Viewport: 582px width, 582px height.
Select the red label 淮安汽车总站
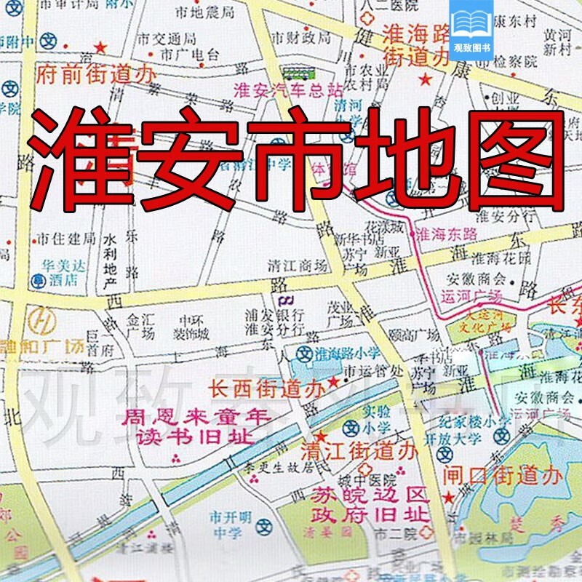click(287, 91)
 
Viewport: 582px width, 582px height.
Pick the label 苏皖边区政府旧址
click(358, 505)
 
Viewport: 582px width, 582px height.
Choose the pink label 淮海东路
click(445, 235)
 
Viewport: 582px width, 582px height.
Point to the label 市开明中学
click(231, 525)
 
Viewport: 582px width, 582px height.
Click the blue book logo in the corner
click(471, 21)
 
